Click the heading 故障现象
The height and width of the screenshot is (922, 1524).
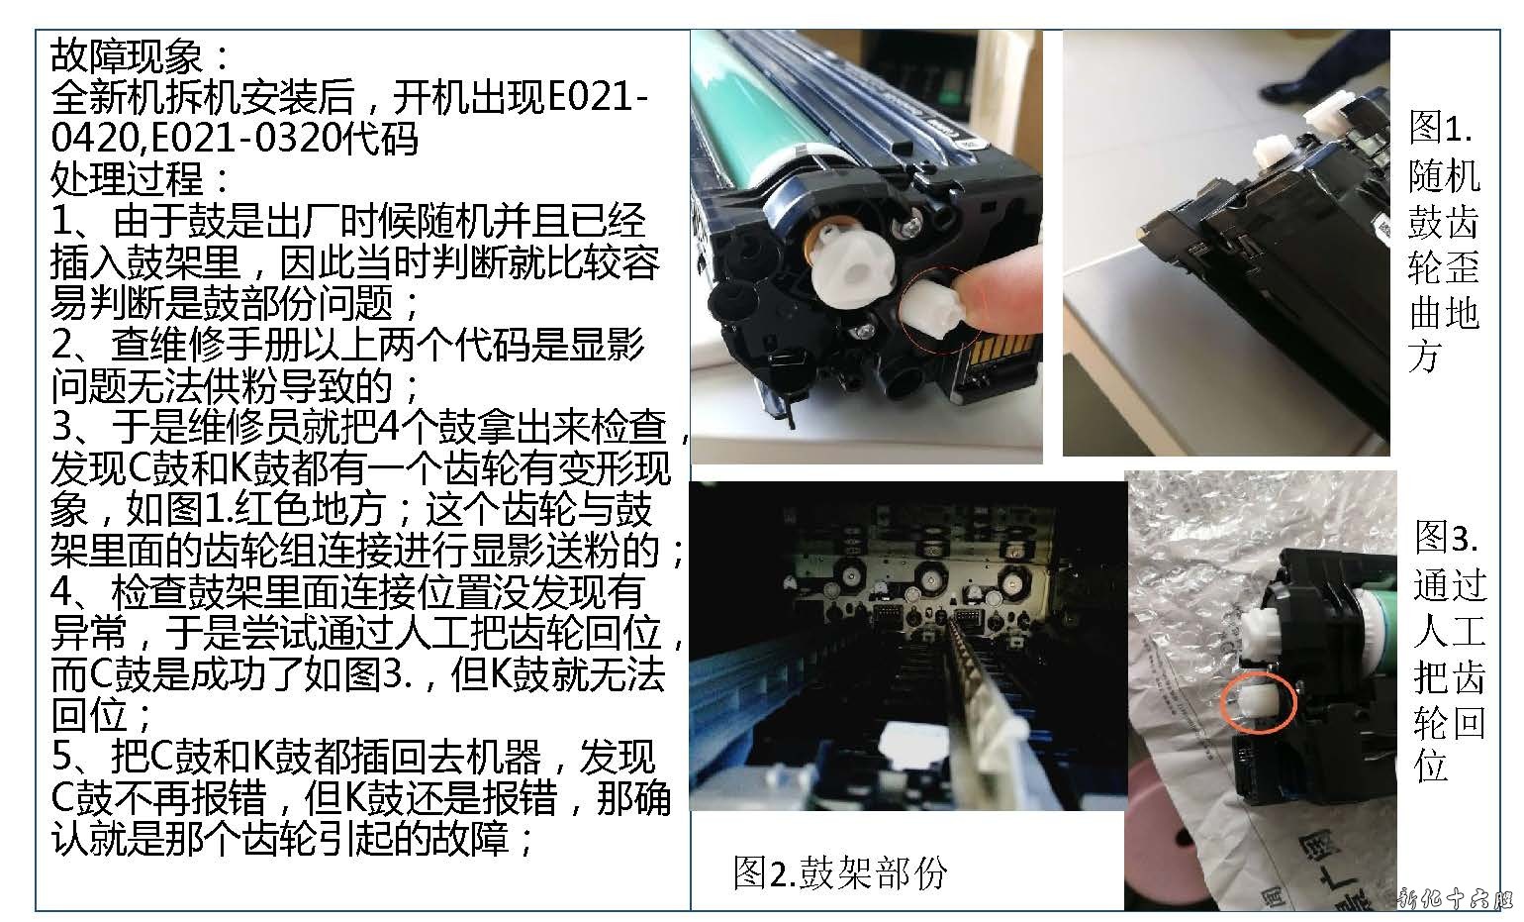(126, 55)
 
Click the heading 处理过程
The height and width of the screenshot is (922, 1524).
(126, 178)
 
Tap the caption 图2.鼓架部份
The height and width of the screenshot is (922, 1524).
(840, 872)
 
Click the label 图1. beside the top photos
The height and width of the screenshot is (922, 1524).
(1440, 127)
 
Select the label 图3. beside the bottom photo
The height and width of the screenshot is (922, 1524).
(1446, 538)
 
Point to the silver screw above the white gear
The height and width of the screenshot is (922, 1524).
(913, 223)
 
